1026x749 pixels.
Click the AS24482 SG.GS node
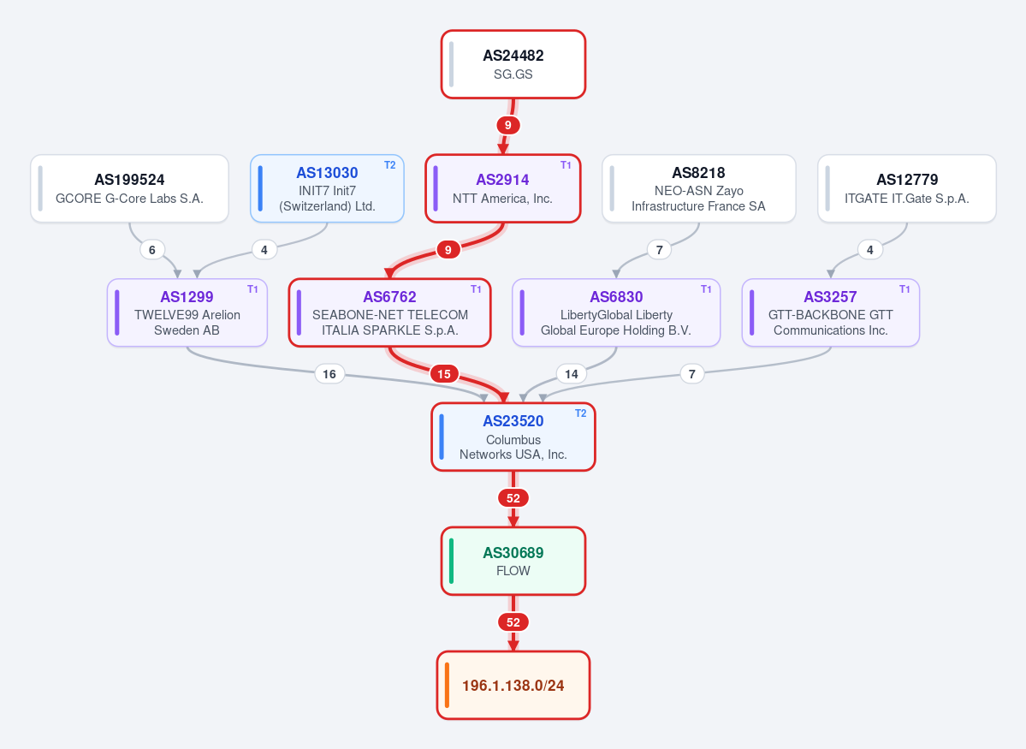[513, 64]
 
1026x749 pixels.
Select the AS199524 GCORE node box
[129, 188]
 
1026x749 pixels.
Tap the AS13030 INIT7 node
[327, 188]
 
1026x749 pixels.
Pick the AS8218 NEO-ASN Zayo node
[699, 188]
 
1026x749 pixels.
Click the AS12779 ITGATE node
[907, 188]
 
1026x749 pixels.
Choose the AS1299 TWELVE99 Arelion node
[187, 313]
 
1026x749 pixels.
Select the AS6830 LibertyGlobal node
[616, 313]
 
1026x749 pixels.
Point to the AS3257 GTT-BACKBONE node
[830, 313]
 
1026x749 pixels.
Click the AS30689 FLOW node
[513, 561]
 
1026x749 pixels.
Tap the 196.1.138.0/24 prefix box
[513, 686]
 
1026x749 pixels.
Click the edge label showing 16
[329, 374]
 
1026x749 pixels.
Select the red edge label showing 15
[443, 374]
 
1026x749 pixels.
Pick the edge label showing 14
[572, 374]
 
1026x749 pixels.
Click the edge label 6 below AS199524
[151, 249]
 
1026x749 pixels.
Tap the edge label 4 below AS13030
[264, 249]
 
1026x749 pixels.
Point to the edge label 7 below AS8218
[659, 249]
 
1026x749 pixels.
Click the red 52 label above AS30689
[513, 498]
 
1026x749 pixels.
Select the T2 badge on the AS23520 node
[580, 413]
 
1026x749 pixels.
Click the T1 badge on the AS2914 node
[566, 165]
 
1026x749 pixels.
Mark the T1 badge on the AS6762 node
[476, 288]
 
